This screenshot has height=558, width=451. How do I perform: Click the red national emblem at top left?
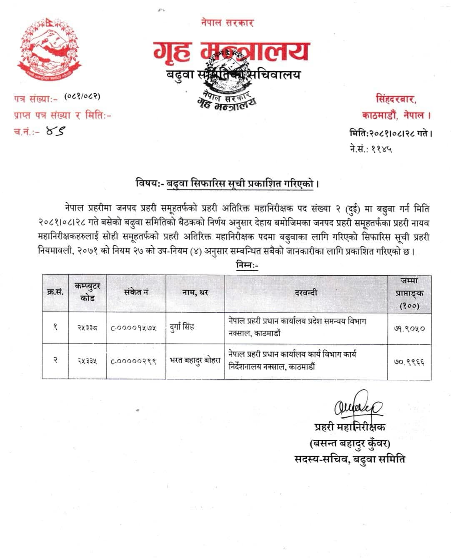click(49, 48)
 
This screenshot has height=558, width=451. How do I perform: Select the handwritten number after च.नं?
click(56, 132)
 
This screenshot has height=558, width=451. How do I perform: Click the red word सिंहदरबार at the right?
click(396, 100)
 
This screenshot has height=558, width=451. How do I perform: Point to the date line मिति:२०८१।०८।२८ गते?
click(390, 134)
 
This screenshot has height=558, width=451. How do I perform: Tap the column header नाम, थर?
click(195, 292)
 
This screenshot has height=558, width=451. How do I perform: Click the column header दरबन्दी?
click(306, 292)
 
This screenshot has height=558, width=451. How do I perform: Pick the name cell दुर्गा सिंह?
click(183, 327)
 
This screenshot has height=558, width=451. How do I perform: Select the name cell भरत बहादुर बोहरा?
click(195, 361)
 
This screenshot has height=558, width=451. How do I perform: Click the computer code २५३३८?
click(88, 328)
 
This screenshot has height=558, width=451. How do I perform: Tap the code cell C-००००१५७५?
click(134, 328)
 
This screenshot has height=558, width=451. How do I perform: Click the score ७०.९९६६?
click(409, 362)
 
